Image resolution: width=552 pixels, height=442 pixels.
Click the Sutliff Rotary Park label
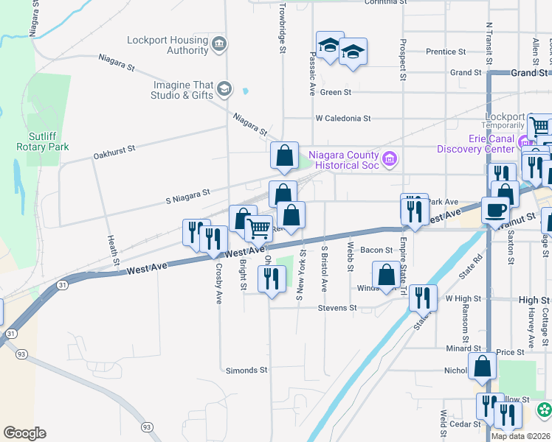coord(43,141)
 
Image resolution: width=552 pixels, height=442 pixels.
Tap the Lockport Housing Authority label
coord(168,46)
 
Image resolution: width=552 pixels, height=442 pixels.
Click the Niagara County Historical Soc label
coord(343,160)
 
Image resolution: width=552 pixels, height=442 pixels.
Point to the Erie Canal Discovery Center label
coord(491,144)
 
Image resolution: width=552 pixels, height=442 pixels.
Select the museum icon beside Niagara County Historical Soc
coord(390,158)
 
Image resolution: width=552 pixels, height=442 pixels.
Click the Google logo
coord(24,433)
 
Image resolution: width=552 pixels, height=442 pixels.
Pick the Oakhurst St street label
coord(114,152)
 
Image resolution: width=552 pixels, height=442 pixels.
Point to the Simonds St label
coord(247,371)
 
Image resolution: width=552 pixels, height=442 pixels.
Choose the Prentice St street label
coord(446,52)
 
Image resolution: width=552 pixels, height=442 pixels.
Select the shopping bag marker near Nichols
coord(482,366)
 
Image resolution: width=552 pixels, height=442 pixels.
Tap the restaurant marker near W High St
coord(421,298)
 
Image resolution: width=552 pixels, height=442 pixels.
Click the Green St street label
coord(335,93)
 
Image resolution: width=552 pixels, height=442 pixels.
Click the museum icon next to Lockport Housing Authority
coord(219,45)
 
